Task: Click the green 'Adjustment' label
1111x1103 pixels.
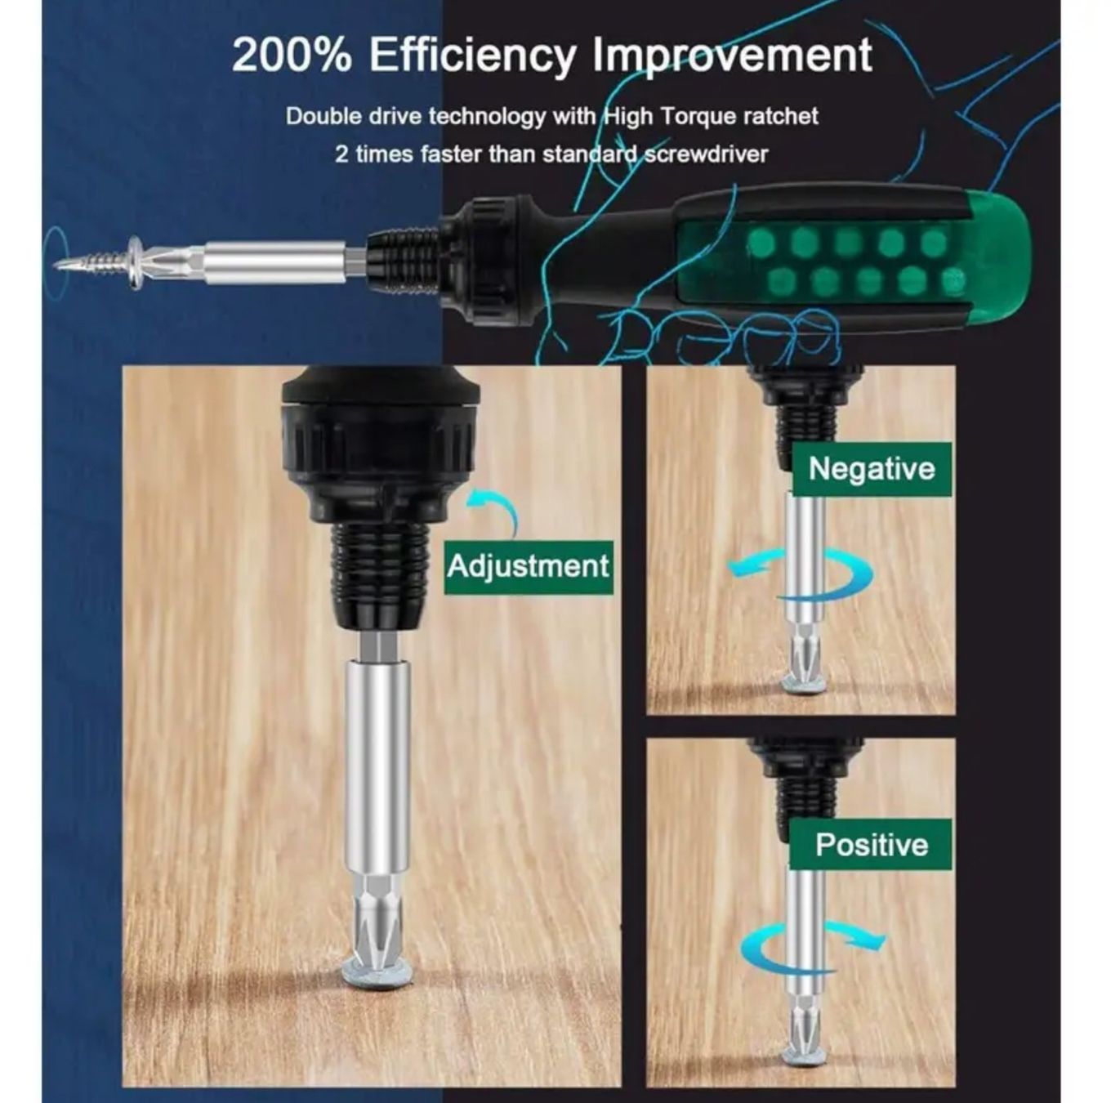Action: click(x=528, y=566)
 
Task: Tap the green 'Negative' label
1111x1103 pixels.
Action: click(x=871, y=468)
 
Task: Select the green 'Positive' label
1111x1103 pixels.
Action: click(x=871, y=845)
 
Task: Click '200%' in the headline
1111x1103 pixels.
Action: click(x=292, y=56)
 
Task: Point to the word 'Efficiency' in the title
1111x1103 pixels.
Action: click(x=472, y=56)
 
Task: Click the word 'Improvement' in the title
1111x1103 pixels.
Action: click(x=732, y=56)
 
